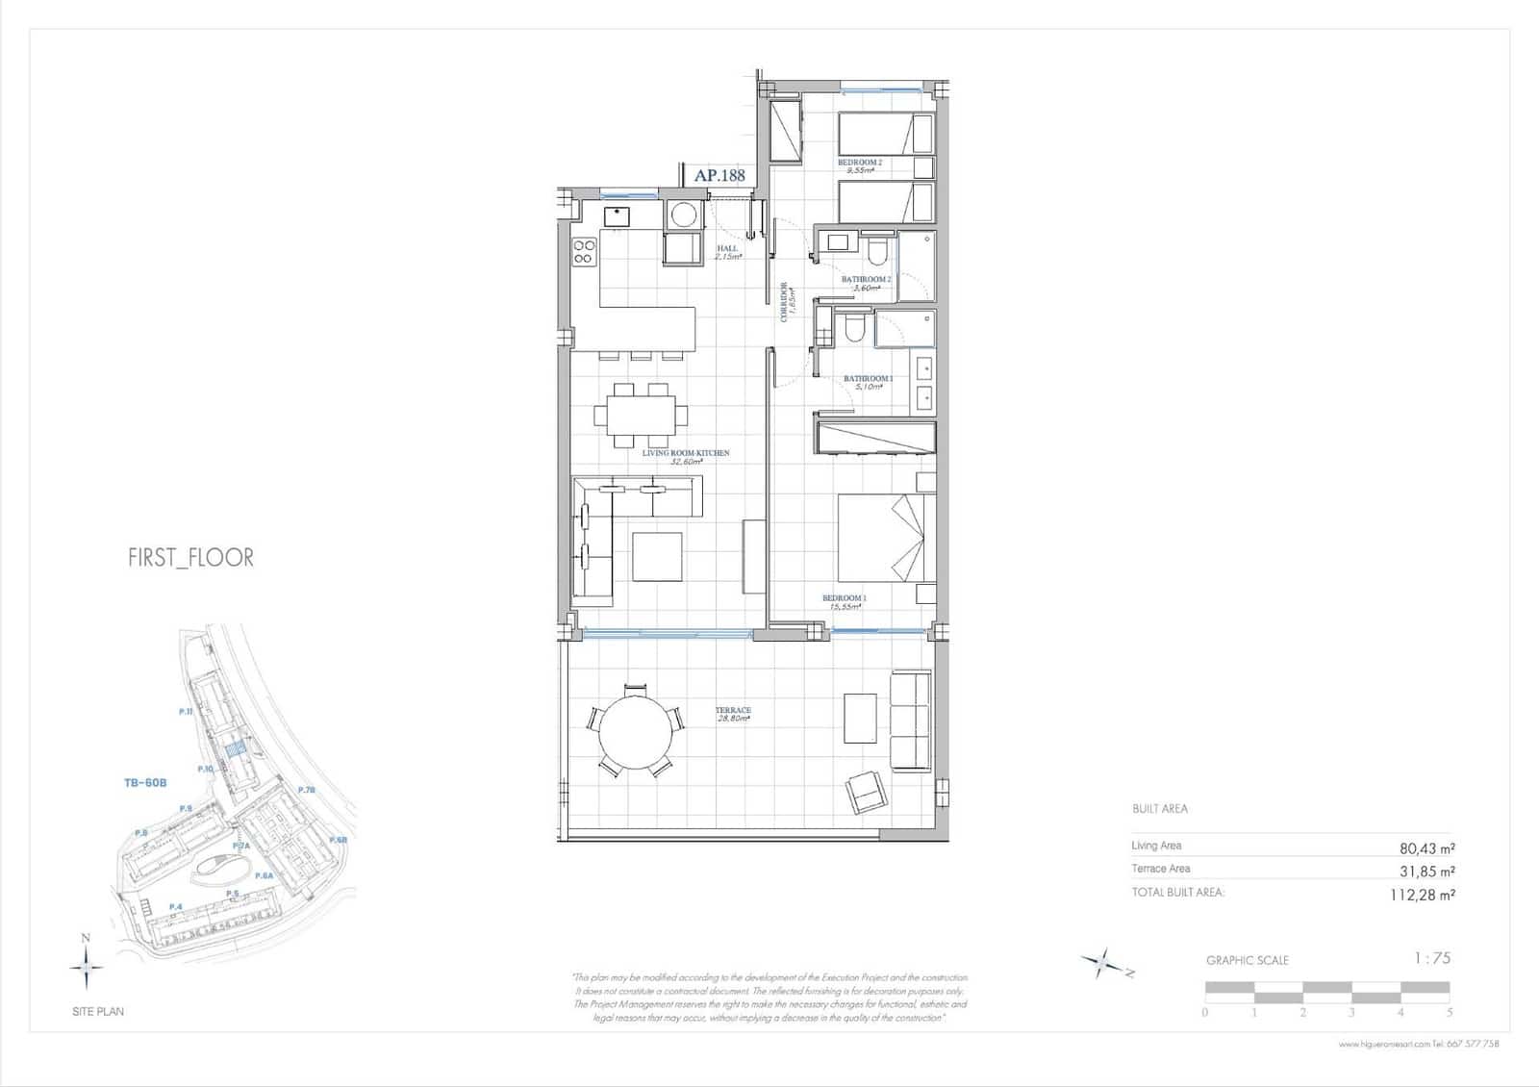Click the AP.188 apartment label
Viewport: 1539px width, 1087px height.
click(719, 176)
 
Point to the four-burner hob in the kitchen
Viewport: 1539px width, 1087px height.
click(584, 252)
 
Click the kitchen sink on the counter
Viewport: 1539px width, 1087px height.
click(616, 215)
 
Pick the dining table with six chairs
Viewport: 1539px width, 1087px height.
click(641, 417)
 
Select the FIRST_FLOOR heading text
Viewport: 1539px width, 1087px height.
click(190, 558)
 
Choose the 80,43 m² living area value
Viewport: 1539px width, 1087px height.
click(1426, 848)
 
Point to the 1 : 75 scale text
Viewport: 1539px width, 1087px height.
click(1431, 958)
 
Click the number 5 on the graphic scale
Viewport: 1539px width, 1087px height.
click(1450, 1012)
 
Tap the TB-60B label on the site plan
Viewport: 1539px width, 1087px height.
click(145, 783)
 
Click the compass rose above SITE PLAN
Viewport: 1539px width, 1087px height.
click(87, 965)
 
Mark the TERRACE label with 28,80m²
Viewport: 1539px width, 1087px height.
click(733, 715)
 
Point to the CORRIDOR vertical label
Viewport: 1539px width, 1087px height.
click(786, 302)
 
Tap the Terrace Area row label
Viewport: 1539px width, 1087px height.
click(1160, 869)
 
